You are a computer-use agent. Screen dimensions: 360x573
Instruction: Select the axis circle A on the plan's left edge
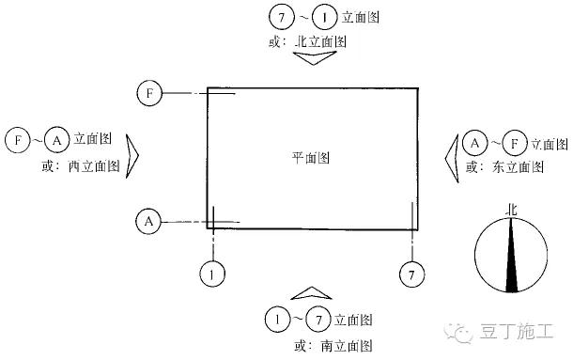[148, 222]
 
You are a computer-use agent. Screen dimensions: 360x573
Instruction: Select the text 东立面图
[517, 166]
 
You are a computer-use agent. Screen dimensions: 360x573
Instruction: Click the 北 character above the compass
[511, 211]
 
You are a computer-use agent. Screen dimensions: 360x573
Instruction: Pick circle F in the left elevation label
[17, 142]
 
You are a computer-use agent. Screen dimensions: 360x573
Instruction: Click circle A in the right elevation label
[475, 143]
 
